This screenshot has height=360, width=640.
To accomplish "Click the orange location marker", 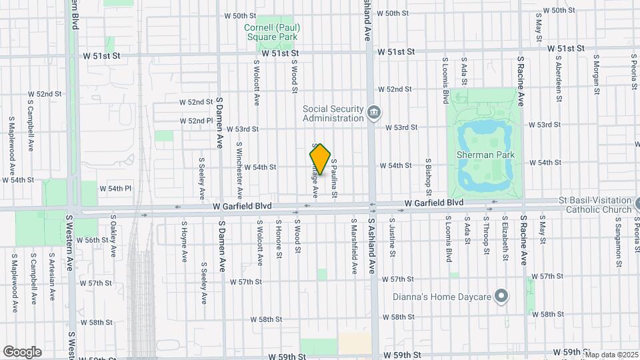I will coord(321,159).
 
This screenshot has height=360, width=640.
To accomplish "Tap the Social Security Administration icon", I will coord(374,111).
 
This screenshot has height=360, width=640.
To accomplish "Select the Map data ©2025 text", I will coord(611,355).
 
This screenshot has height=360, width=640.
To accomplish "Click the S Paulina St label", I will coord(335,179).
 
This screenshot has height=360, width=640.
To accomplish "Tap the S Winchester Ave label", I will coord(239,163).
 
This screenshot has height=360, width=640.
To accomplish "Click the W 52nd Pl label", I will coord(196,121).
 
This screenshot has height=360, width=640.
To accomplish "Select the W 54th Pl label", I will coord(116,189).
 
